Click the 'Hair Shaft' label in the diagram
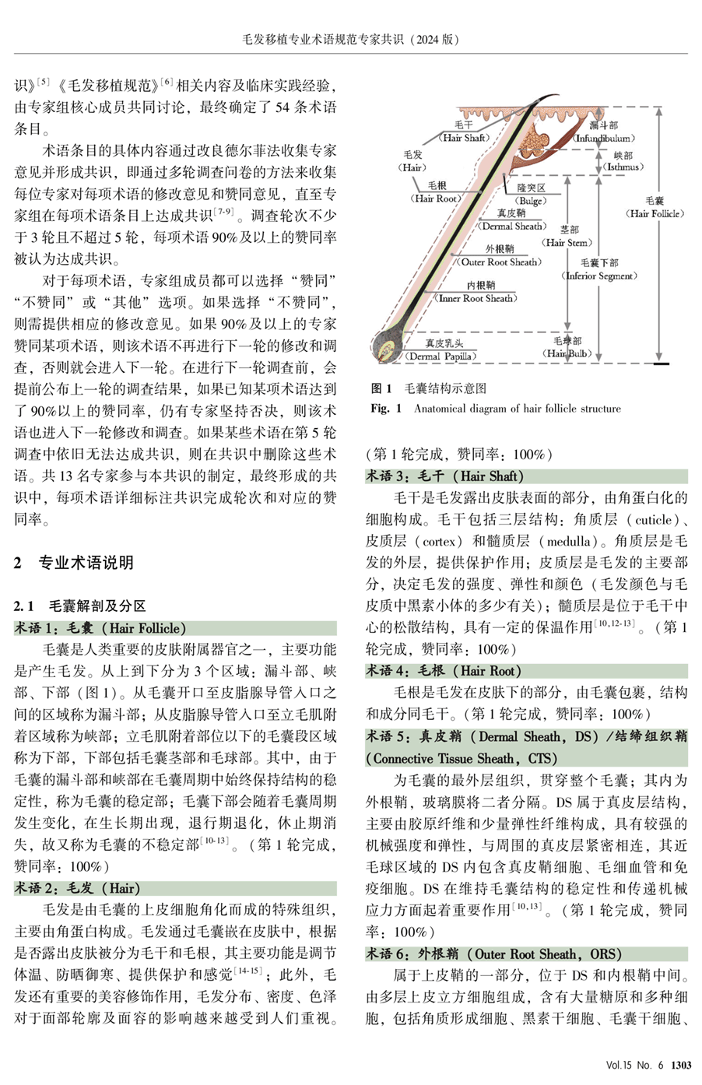(x=463, y=132)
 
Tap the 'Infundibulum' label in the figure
(x=603, y=132)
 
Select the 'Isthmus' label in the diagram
(x=623, y=162)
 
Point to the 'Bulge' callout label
(x=532, y=195)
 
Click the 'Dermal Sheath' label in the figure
(x=511, y=220)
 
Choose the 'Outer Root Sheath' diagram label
(x=500, y=256)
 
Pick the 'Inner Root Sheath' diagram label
(x=477, y=292)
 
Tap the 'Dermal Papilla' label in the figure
(x=442, y=350)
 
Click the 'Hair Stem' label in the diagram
(x=568, y=237)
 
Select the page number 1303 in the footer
(x=681, y=1065)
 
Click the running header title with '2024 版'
(x=350, y=39)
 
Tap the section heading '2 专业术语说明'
(x=74, y=562)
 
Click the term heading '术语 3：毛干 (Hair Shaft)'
(x=446, y=476)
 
